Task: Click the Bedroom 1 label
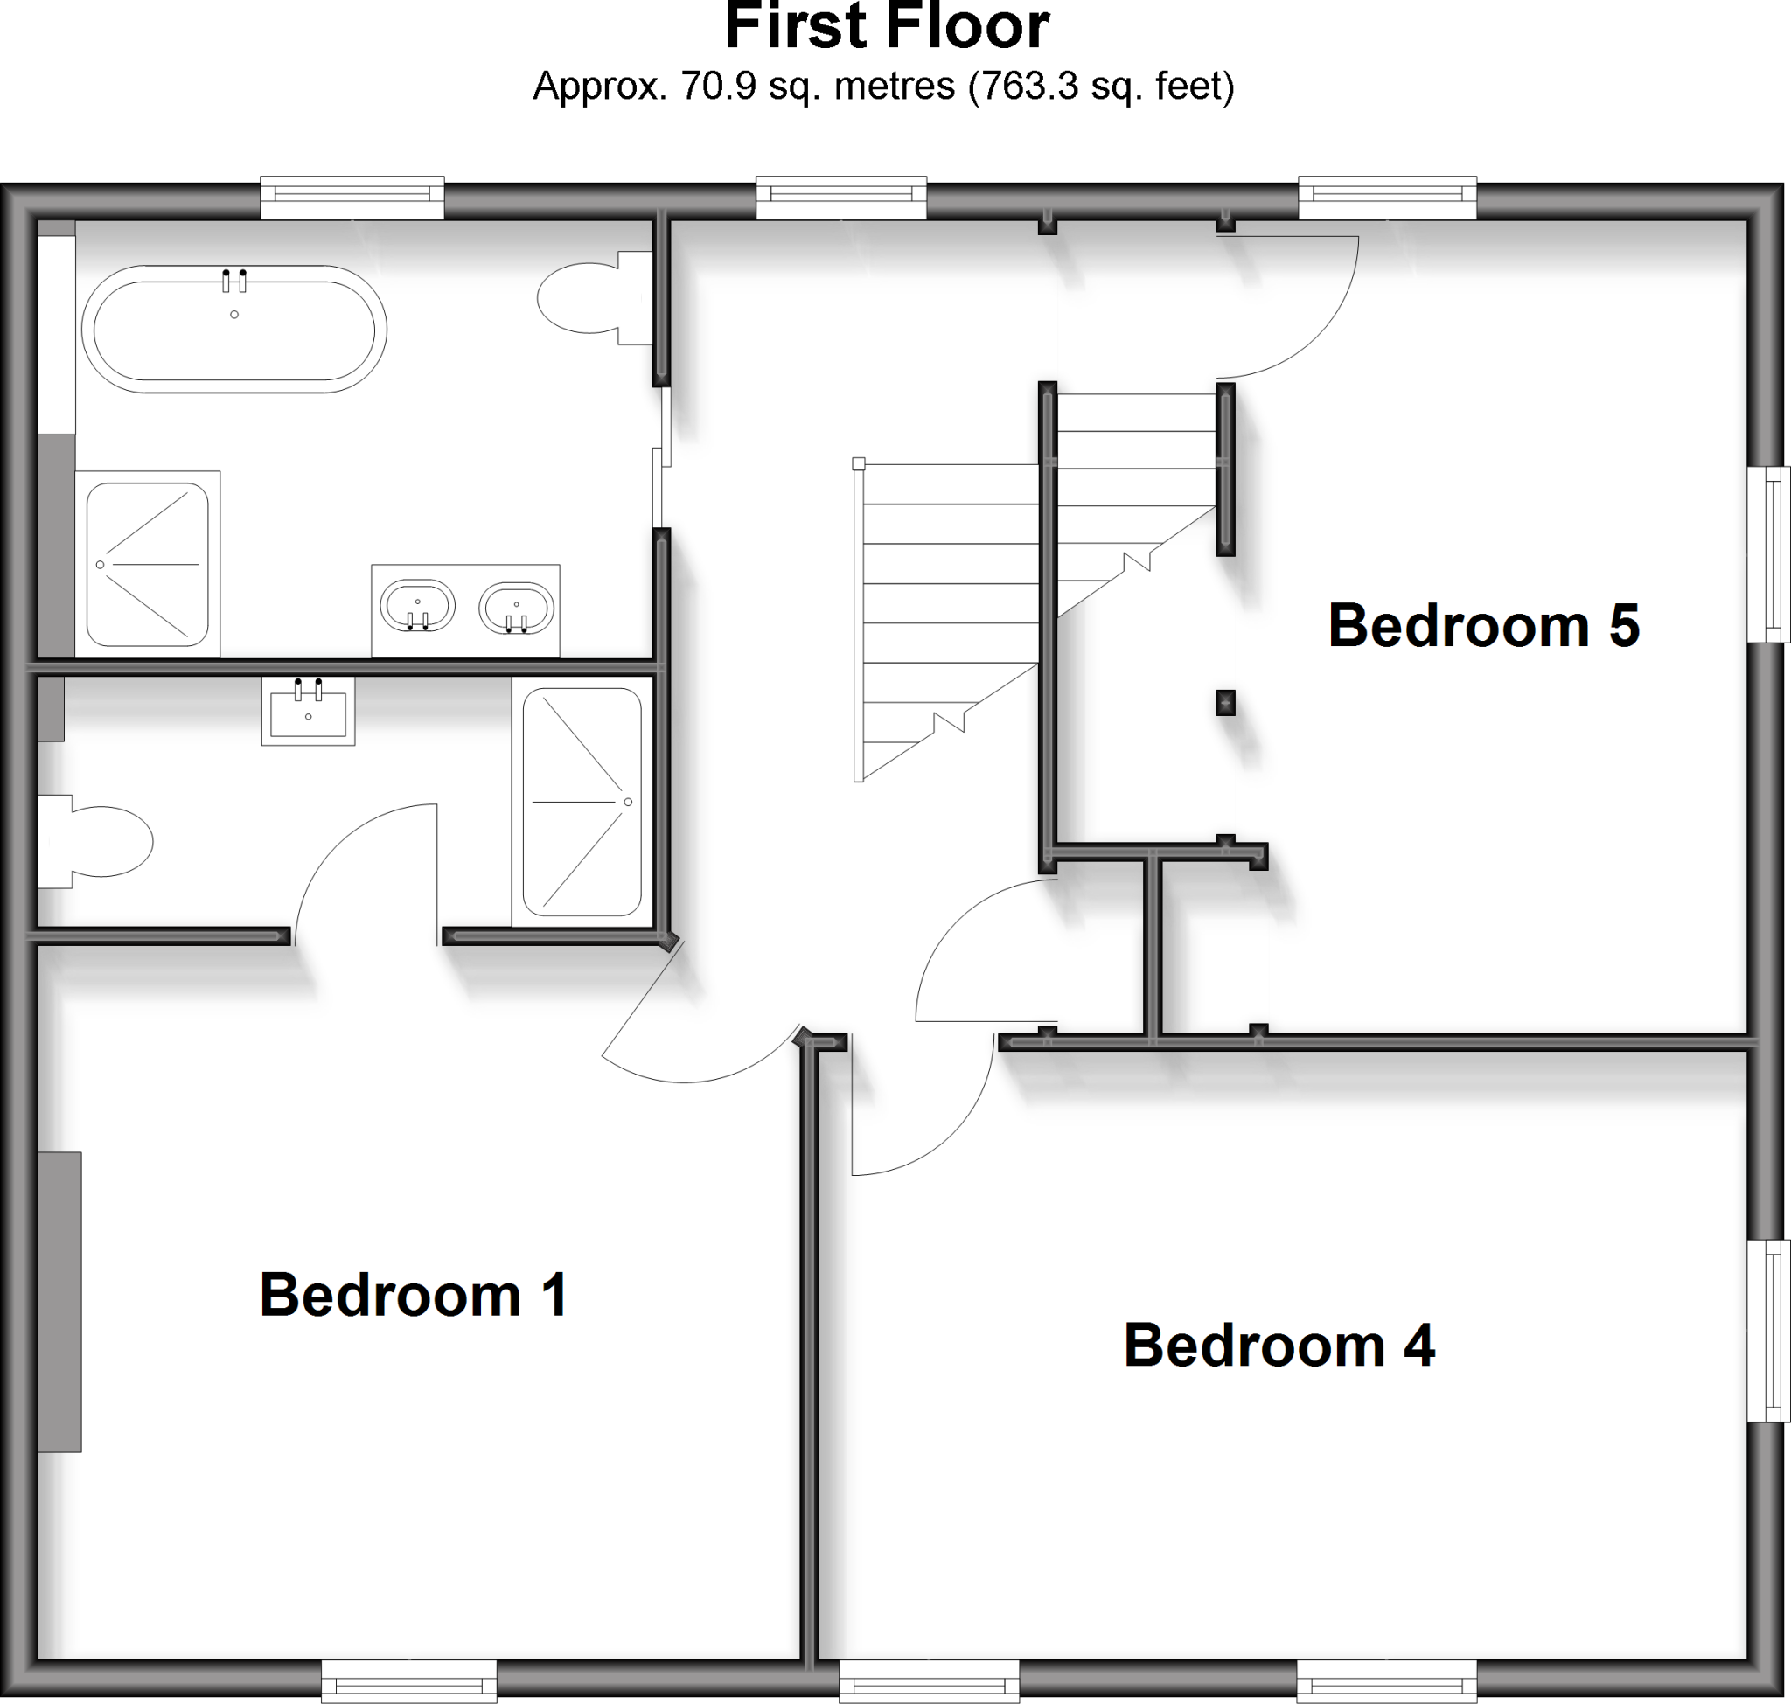tap(414, 1295)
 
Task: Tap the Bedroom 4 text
tap(1279, 1346)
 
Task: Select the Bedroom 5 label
tap(1483, 626)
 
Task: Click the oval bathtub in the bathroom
tap(233, 329)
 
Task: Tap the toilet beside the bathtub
tap(586, 298)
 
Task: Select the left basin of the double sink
tap(417, 606)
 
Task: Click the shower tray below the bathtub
tap(147, 564)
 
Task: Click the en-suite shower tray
tap(582, 802)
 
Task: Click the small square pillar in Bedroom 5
tap(1225, 702)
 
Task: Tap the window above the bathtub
tap(352, 196)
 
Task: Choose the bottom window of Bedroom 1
tap(409, 1681)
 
